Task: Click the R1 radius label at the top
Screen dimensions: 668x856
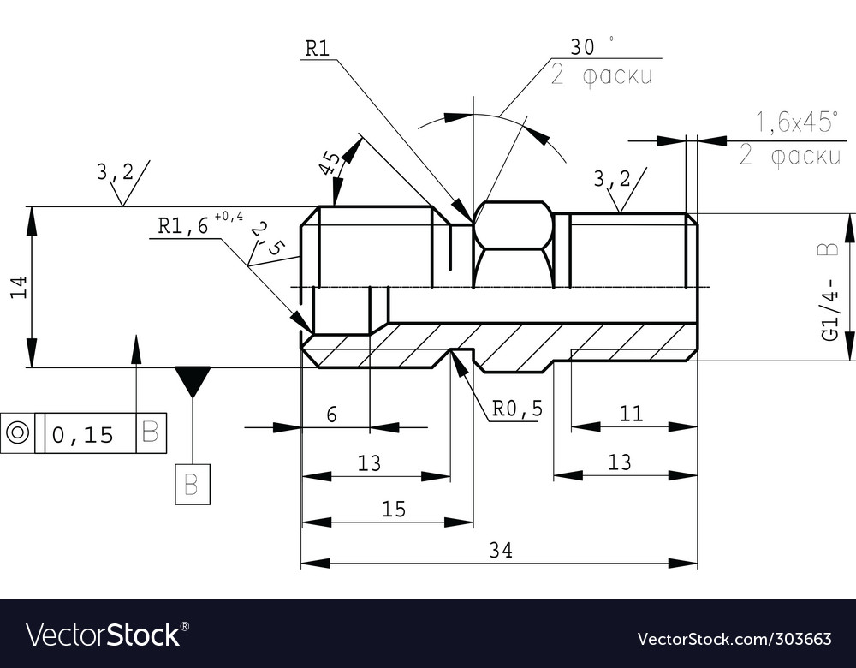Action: [318, 48]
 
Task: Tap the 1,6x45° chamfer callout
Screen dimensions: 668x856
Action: [796, 122]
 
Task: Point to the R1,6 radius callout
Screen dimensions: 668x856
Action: [183, 226]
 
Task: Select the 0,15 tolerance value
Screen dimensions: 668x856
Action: [83, 435]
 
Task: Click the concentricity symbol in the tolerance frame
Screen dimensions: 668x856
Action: [17, 433]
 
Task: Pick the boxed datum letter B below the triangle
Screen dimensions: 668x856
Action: [193, 485]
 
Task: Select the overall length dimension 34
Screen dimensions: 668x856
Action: [501, 551]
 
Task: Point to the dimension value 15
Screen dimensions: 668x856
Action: [394, 510]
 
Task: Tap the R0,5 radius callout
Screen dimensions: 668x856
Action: [517, 409]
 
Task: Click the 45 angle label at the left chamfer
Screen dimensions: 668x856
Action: [329, 163]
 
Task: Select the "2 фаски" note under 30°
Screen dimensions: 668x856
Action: [601, 76]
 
